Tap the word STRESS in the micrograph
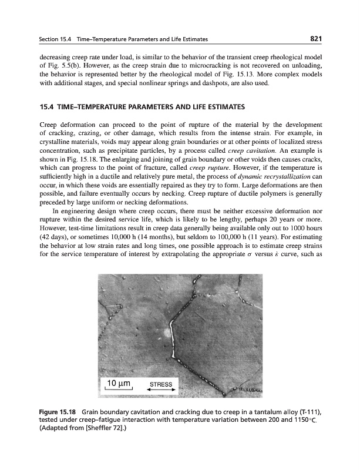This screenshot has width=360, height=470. point(162,384)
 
